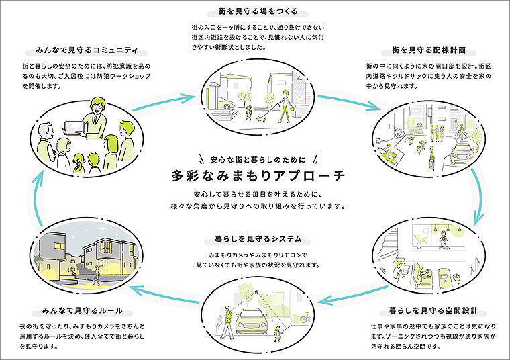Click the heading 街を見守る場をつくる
[x=254, y=11]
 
